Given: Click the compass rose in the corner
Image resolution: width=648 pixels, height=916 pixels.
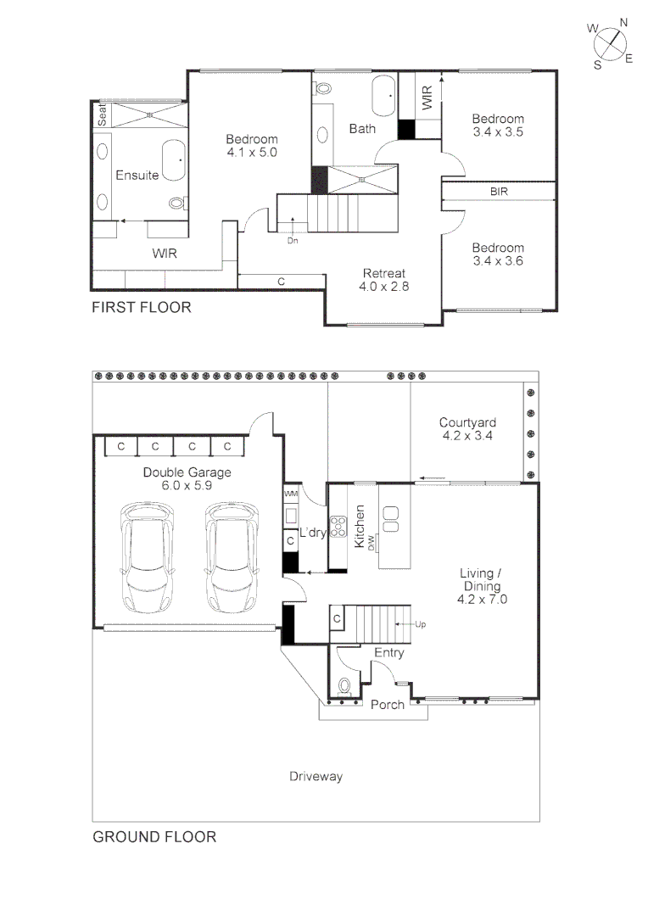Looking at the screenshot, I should click(611, 43).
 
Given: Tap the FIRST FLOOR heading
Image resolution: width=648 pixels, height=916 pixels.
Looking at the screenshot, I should click(141, 307).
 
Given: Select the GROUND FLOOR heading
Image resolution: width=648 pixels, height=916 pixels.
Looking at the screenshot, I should click(154, 837).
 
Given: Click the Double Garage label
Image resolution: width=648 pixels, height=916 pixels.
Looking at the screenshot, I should click(187, 479).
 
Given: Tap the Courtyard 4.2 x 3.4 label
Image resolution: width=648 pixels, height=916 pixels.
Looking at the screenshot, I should click(467, 429).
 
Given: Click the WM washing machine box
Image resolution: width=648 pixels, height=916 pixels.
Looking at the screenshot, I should click(291, 494).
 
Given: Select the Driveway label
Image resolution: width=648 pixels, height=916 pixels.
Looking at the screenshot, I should click(316, 776).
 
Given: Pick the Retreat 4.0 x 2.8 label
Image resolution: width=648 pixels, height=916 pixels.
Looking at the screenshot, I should click(384, 280).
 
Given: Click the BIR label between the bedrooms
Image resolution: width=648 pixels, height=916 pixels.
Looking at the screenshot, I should click(499, 193).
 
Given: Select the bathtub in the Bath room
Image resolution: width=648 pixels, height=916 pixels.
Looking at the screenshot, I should click(384, 97).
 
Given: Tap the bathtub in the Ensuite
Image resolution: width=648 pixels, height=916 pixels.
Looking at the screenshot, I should click(175, 160).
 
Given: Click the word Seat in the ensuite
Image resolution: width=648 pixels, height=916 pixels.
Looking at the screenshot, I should click(101, 115).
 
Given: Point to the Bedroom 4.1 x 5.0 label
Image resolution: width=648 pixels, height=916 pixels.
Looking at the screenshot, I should click(252, 146).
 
